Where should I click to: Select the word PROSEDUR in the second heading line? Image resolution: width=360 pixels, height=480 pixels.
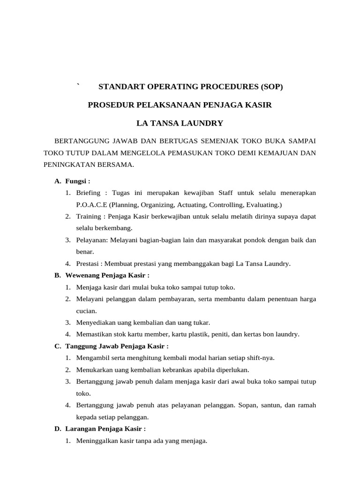109,105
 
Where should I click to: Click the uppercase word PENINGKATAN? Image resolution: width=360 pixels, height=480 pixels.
67,165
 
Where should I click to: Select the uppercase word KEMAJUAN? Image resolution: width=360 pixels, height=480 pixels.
279,152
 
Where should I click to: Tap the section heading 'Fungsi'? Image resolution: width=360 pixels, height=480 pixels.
76,181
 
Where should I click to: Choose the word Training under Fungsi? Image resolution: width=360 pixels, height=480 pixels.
89,217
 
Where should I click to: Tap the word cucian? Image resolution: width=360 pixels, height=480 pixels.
86,311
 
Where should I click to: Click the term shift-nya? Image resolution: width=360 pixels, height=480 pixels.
260,358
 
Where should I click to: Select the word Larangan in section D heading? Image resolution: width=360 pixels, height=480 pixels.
80,429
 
